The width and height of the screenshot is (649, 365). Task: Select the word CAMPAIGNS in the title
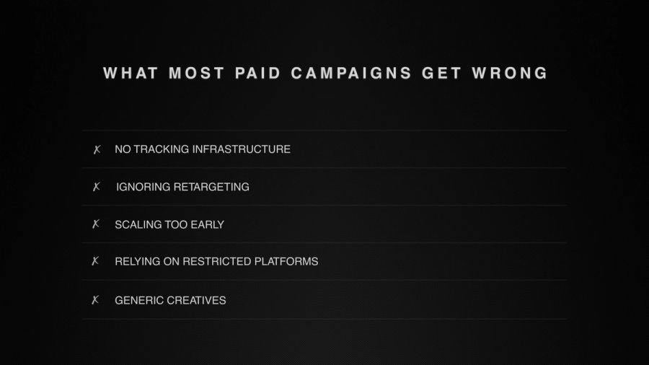[x=352, y=74]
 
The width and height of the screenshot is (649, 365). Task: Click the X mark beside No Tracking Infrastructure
[x=97, y=150]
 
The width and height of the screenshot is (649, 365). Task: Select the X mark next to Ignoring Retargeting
[x=97, y=188]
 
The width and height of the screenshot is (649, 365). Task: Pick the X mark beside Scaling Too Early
[x=96, y=224]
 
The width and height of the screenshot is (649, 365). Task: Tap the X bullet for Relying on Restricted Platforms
[x=96, y=261]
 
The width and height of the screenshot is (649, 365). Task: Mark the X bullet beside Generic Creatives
[x=96, y=300]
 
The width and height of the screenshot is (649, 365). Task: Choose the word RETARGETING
[x=211, y=187]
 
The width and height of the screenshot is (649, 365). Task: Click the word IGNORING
[x=144, y=187]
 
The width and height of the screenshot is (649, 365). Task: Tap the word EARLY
[x=208, y=224]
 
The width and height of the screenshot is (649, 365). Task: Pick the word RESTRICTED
[x=216, y=261]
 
